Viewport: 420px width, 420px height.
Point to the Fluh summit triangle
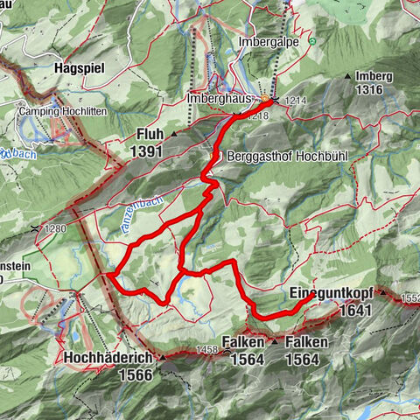173,134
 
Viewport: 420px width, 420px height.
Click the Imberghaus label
219,100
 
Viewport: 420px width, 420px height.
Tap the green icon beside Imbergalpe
311,41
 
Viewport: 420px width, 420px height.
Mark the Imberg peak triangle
348,76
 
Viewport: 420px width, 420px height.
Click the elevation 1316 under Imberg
370,90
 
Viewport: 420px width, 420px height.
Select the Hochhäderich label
107,358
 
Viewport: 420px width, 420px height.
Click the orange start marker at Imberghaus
265,99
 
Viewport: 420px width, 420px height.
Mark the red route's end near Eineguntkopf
313,297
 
